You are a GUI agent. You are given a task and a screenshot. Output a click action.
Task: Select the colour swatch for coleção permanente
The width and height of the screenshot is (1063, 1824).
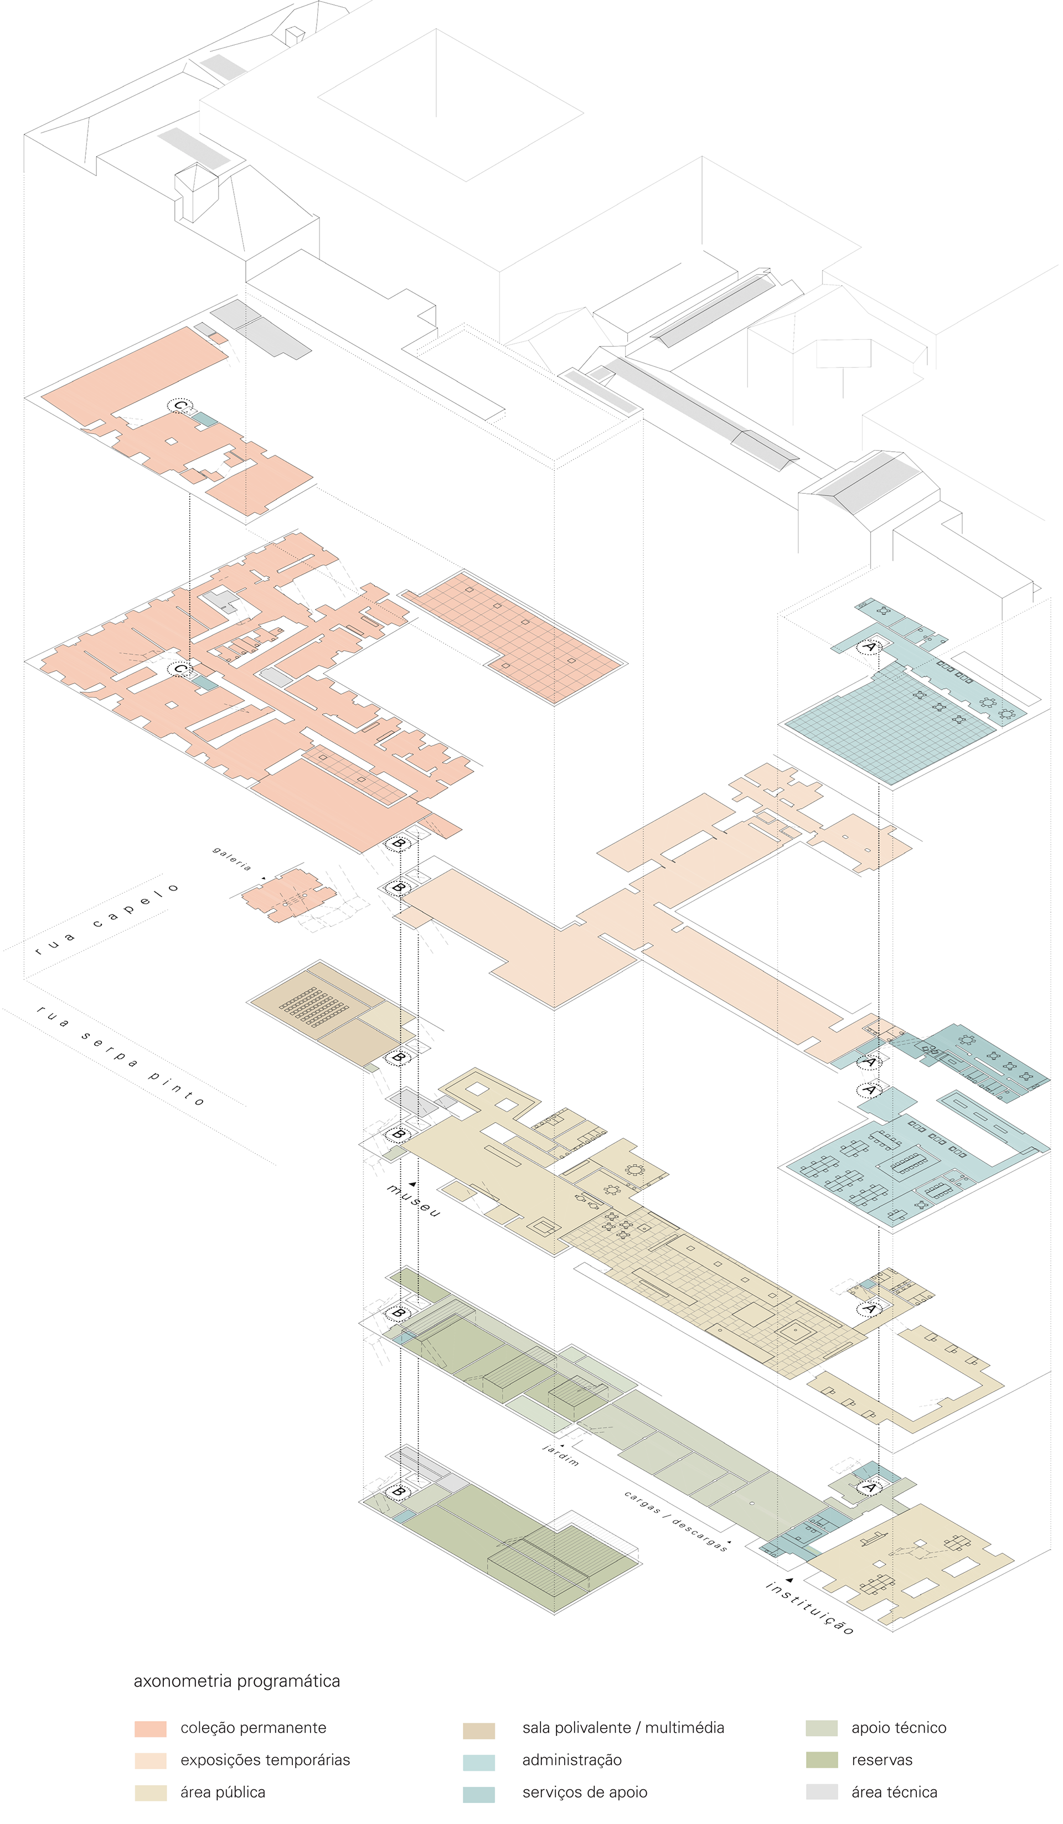pos(151,1728)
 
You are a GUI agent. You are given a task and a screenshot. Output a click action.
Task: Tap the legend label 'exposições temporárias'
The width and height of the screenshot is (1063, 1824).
pos(265,1760)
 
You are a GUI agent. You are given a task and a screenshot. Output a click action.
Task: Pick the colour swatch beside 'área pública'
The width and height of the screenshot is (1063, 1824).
pos(151,1792)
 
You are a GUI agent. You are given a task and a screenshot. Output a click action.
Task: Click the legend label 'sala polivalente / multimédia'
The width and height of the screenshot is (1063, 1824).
pos(623,1728)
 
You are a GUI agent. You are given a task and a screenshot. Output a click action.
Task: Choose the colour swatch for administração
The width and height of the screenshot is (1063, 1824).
pos(479,1761)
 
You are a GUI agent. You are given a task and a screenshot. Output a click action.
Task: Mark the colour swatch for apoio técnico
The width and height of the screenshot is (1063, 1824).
pos(822,1728)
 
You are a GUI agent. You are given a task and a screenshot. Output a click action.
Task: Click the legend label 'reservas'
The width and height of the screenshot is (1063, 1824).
pos(881,1760)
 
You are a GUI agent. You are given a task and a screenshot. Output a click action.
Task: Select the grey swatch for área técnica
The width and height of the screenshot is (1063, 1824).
pos(822,1792)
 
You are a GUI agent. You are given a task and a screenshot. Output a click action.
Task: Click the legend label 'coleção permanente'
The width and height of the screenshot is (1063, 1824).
pos(254,1728)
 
